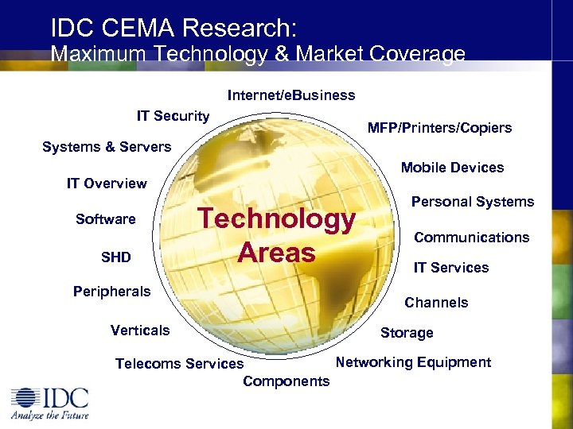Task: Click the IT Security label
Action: (173, 116)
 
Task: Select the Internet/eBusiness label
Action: (291, 95)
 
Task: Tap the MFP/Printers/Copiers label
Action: (439, 128)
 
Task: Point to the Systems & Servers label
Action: (107, 147)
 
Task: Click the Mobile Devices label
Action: (452, 168)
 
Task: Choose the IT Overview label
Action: (107, 184)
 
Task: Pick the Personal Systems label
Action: (472, 202)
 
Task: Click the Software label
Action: (105, 219)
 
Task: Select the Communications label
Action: (471, 238)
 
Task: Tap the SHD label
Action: (116, 257)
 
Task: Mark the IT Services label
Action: (450, 268)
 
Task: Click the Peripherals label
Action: (111, 292)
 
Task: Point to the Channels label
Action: (436, 303)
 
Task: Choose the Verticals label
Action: (140, 330)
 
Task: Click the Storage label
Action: (407, 333)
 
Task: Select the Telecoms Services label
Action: (179, 364)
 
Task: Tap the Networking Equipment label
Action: (413, 362)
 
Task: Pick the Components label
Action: (286, 381)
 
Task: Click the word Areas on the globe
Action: (276, 253)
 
